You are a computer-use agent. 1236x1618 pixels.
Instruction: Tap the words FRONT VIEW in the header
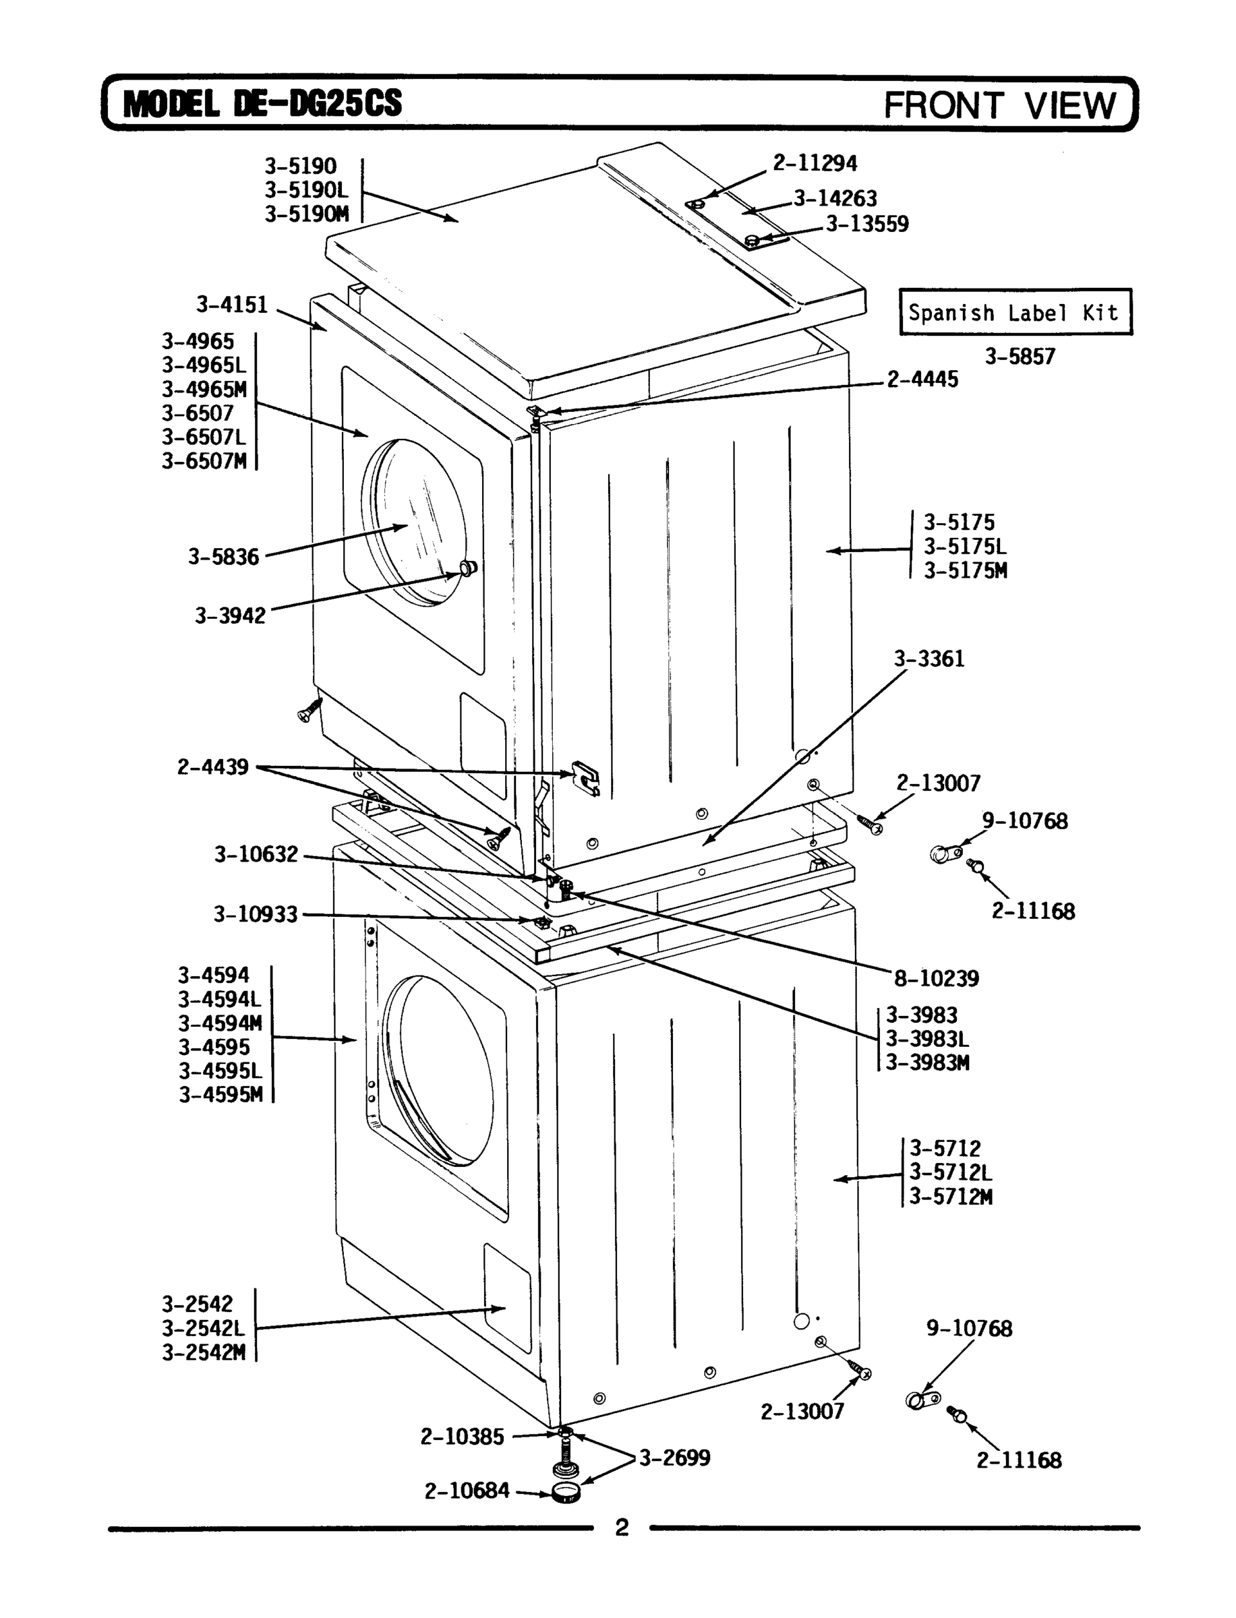(1000, 105)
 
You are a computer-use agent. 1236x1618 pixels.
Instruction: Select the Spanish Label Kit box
(1016, 313)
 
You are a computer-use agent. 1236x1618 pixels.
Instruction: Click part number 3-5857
(1020, 357)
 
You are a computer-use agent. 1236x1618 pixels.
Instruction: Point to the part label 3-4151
(232, 305)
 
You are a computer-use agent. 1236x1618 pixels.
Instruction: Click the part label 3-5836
(224, 557)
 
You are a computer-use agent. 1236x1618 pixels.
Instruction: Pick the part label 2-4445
(922, 380)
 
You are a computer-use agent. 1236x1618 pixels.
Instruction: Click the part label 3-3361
(929, 659)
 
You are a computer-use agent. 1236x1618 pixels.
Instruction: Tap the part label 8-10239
(937, 979)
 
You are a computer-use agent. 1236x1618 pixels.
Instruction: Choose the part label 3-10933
(256, 914)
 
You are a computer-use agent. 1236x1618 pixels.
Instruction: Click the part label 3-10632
(256, 855)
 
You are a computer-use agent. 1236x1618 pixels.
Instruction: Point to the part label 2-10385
(462, 1437)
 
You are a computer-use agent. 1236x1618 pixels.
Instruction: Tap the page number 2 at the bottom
(622, 1528)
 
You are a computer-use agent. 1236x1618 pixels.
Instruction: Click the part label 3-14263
(835, 199)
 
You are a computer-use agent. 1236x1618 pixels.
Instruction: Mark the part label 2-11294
(815, 162)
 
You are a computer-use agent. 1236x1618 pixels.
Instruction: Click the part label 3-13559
(866, 224)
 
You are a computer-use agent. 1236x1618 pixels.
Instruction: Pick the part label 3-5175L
(965, 547)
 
